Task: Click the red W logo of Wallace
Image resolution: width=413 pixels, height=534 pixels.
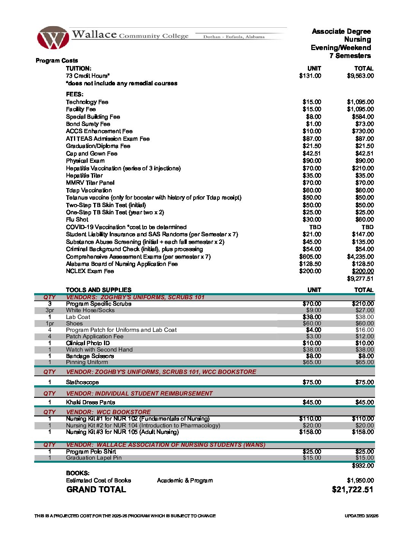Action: (53, 38)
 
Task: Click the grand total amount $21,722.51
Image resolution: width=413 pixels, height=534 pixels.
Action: (352, 490)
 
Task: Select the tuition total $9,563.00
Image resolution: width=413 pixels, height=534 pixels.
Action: (360, 76)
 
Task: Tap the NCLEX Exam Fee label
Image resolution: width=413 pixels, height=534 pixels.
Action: (90, 271)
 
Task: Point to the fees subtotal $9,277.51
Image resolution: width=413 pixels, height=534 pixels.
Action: (360, 279)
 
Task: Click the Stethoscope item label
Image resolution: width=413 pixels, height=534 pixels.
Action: (82, 382)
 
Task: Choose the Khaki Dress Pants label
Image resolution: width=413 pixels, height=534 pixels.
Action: (90, 402)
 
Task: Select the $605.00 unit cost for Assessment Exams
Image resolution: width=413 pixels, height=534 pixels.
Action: (310, 257)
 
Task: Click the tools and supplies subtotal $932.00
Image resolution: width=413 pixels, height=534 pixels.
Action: (363, 466)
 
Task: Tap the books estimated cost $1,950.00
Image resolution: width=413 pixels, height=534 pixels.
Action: (360, 481)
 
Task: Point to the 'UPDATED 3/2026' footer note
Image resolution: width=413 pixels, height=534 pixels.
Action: (361, 516)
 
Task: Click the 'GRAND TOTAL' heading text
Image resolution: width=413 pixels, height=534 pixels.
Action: (96, 490)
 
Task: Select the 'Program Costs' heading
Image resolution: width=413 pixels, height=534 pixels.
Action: (57, 61)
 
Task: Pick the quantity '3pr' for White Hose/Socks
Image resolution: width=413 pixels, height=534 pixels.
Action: (50, 310)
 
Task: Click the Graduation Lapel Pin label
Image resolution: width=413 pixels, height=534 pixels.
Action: (94, 458)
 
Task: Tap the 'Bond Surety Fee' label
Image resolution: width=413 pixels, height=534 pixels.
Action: (88, 124)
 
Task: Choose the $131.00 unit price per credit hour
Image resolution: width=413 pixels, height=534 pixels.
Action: (310, 76)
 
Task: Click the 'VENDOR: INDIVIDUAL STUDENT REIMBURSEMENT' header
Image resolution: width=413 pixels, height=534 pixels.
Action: (139, 394)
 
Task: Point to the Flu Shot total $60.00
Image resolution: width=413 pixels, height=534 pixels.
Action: (364, 220)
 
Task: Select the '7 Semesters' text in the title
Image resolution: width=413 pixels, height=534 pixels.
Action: (350, 56)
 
